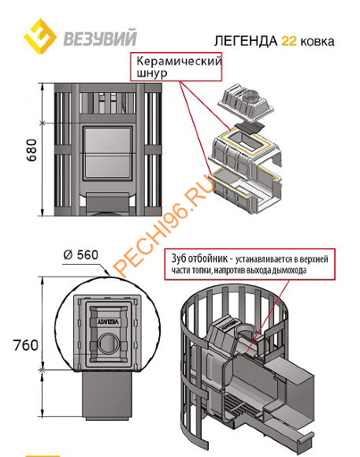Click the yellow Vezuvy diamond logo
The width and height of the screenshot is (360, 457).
pos(40,36)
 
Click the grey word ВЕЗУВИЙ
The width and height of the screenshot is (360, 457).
pos(100,37)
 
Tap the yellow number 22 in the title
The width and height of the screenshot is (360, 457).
pos(289,41)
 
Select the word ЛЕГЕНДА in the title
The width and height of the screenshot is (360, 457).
pos(246,41)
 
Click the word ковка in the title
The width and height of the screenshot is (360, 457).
pos(317,42)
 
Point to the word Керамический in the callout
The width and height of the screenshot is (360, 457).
pos(179,61)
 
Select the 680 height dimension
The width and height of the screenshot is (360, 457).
pos(32,150)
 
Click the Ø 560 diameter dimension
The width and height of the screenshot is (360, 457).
pos(81,255)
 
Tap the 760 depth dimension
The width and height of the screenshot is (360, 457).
pos(26,345)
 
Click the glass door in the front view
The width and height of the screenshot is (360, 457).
pos(107,153)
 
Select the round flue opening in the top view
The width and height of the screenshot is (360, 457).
pos(109,344)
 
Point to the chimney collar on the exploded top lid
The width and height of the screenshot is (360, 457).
pos(248,95)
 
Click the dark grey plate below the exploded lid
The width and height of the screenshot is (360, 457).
pos(249,128)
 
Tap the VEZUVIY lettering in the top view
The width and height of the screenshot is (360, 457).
pos(108,322)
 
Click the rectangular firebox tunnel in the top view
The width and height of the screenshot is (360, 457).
pos(107,395)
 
